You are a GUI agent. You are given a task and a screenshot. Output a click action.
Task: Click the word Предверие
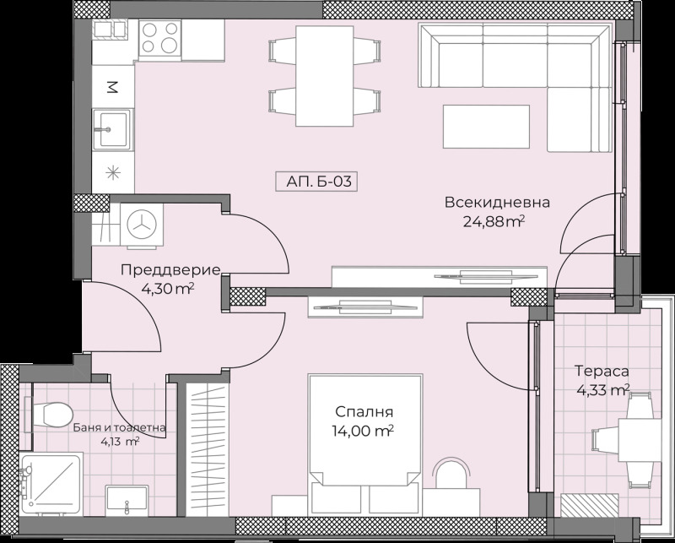(170, 270)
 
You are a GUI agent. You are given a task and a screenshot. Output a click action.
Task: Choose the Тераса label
(602, 372)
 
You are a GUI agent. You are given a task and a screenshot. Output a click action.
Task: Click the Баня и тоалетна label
(118, 427)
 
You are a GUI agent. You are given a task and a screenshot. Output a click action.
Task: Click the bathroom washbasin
(126, 501)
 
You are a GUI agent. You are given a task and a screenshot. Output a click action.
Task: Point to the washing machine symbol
(142, 223)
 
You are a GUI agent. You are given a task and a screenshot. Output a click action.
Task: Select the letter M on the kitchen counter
(111, 86)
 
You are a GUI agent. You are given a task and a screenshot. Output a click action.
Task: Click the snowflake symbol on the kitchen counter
(111, 174)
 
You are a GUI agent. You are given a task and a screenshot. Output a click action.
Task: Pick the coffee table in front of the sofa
(487, 128)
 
